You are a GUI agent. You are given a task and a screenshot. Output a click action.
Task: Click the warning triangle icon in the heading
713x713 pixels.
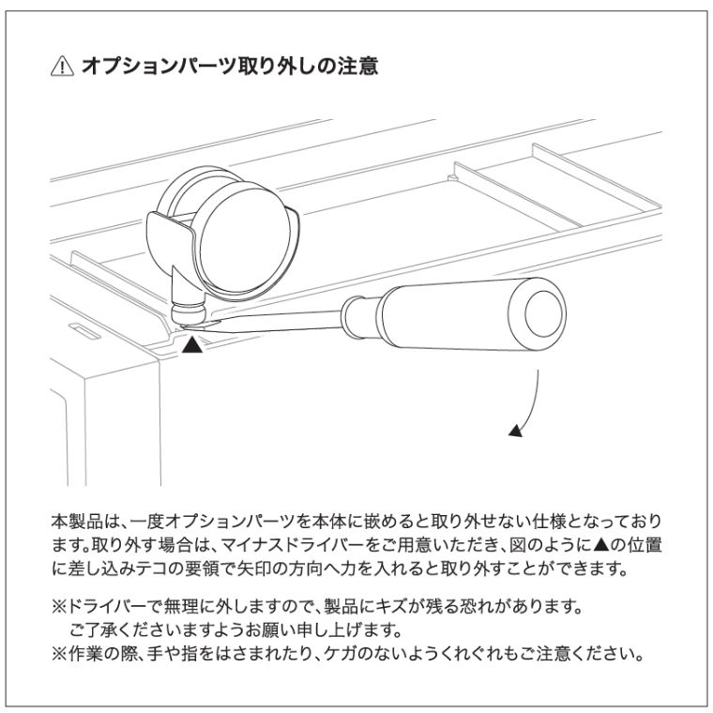(x=62, y=67)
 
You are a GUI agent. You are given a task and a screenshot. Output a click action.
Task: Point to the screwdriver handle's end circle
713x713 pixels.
(x=544, y=313)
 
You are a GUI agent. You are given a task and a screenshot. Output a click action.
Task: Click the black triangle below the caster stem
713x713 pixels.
(x=192, y=344)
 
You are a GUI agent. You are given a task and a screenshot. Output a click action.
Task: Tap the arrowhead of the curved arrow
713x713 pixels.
(x=516, y=431)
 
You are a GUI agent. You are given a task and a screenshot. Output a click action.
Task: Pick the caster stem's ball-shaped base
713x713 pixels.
(x=189, y=312)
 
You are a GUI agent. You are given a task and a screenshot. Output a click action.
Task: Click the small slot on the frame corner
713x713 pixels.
(x=84, y=331)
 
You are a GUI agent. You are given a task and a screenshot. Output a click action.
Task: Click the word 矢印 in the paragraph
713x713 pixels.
(x=253, y=569)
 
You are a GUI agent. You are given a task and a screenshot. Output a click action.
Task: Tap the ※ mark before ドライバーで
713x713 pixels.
(x=59, y=606)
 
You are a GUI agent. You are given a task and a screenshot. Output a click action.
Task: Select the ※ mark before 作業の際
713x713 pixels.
(x=59, y=654)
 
